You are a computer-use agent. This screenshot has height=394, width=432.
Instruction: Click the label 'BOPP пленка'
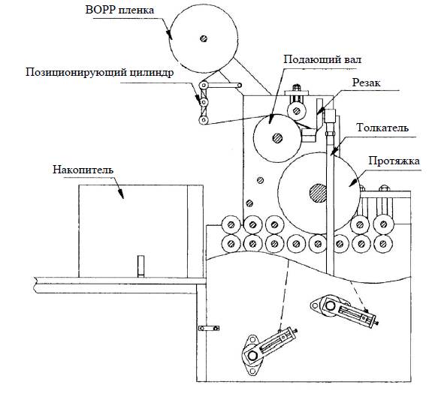coord(119,11)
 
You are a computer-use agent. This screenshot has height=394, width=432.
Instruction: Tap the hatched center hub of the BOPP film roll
coord(204,38)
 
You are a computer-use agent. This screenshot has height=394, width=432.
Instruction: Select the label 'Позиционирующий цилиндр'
coord(100,73)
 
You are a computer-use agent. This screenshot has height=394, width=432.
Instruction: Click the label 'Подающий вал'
coord(322,59)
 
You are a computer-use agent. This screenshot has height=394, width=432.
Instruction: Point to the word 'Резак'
coord(366,83)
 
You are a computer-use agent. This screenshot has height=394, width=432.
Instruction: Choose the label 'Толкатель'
coord(382,128)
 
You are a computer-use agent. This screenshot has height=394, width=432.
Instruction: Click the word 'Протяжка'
coord(394,161)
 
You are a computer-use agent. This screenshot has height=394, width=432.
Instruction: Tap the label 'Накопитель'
coord(83,170)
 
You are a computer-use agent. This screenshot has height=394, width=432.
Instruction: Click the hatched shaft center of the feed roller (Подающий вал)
coord(277,138)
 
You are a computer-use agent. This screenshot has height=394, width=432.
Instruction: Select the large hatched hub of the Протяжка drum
coord(319,193)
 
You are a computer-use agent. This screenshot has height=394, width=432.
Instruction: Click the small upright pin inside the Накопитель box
coord(140,266)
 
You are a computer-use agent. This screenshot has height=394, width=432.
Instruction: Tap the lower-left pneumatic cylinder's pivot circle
coord(252,355)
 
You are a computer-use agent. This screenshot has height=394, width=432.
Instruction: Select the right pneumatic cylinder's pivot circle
coord(330,305)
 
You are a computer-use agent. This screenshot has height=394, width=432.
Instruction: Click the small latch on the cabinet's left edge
coord(209,328)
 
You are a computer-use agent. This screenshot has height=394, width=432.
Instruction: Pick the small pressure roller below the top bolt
coord(297,111)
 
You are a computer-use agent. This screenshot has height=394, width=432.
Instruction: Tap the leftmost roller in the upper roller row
coord(231,225)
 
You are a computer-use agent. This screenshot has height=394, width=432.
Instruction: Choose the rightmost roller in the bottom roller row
coord(382,243)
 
